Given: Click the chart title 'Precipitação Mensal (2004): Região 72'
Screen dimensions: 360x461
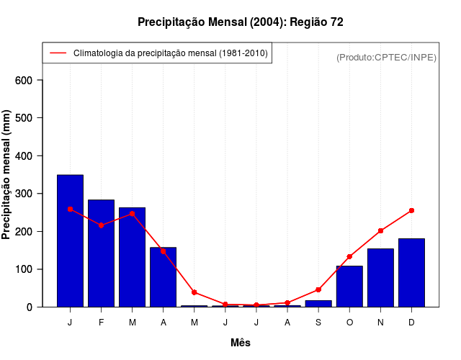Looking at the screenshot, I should pyautogui.click(x=240, y=22).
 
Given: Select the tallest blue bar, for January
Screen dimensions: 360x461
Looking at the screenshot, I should pyautogui.click(x=70, y=241).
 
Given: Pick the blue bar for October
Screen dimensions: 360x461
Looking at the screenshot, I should pyautogui.click(x=349, y=287).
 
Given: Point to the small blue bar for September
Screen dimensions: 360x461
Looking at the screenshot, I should pyautogui.click(x=318, y=304).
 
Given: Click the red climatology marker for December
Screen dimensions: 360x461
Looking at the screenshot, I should pyautogui.click(x=411, y=210).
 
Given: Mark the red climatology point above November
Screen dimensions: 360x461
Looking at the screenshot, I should pyautogui.click(x=380, y=231).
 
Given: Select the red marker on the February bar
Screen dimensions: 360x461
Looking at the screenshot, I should pyautogui.click(x=101, y=225).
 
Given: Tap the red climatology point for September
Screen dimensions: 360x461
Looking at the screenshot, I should pyautogui.click(x=318, y=289).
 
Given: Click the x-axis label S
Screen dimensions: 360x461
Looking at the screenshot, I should pyautogui.click(x=318, y=323).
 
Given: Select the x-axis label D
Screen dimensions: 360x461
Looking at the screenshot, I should pyautogui.click(x=411, y=323).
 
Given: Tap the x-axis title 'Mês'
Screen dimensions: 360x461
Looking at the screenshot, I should pyautogui.click(x=241, y=343).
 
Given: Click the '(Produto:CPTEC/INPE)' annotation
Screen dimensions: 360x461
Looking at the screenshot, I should pyautogui.click(x=386, y=57).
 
